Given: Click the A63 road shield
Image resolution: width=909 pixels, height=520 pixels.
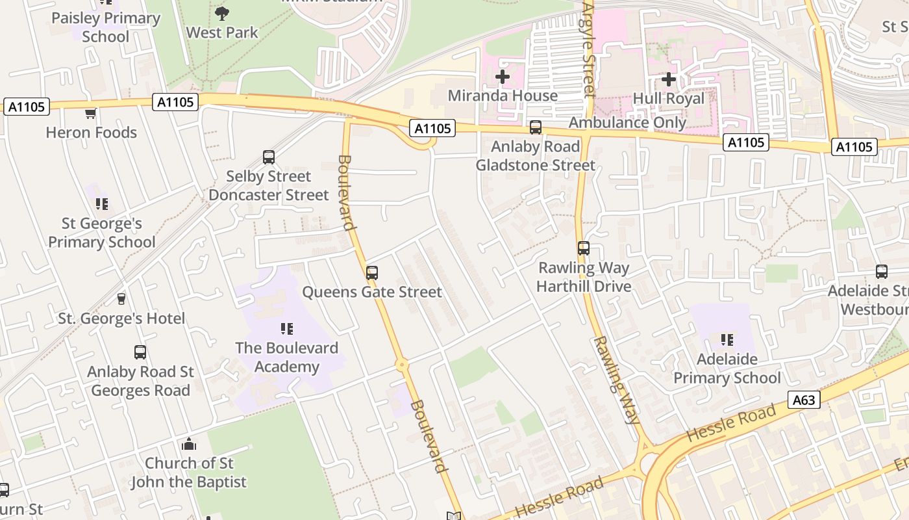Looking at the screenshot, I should coord(803,400).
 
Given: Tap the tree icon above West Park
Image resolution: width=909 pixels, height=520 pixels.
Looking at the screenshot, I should coord(222,13).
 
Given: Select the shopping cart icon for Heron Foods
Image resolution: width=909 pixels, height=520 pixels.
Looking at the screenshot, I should coord(91,114).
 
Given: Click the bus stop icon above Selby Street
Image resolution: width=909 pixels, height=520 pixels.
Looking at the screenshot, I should coord(269,157).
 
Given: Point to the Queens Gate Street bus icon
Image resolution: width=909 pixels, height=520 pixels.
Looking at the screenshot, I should coord(372,273).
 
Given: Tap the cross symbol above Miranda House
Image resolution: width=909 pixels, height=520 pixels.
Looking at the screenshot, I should coord(503,77).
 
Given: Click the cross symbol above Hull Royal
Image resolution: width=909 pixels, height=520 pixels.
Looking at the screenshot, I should coord(669,80).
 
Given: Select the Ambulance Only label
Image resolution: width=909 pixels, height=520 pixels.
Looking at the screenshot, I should coord(627,122).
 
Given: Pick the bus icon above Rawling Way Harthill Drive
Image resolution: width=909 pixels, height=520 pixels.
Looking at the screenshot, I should coord(584,248).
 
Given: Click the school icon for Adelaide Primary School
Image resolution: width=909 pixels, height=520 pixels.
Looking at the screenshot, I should coord(727,340).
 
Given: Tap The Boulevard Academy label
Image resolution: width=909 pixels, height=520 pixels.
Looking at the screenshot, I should coord(286,357).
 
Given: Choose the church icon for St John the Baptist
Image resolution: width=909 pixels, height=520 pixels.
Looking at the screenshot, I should coord(189,445).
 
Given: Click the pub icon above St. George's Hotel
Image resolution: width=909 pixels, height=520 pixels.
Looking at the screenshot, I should coord(121,299).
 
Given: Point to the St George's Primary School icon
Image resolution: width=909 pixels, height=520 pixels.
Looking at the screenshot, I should coord(102,204).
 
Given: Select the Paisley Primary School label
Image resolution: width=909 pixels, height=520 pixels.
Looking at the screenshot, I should coord(105,27).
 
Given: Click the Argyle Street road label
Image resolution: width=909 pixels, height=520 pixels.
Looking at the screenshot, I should coord(588,49).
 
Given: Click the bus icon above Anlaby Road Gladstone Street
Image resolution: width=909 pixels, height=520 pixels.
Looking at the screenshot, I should coord(536,127).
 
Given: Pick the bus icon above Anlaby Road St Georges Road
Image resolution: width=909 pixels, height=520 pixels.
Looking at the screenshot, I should coord(140,352).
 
